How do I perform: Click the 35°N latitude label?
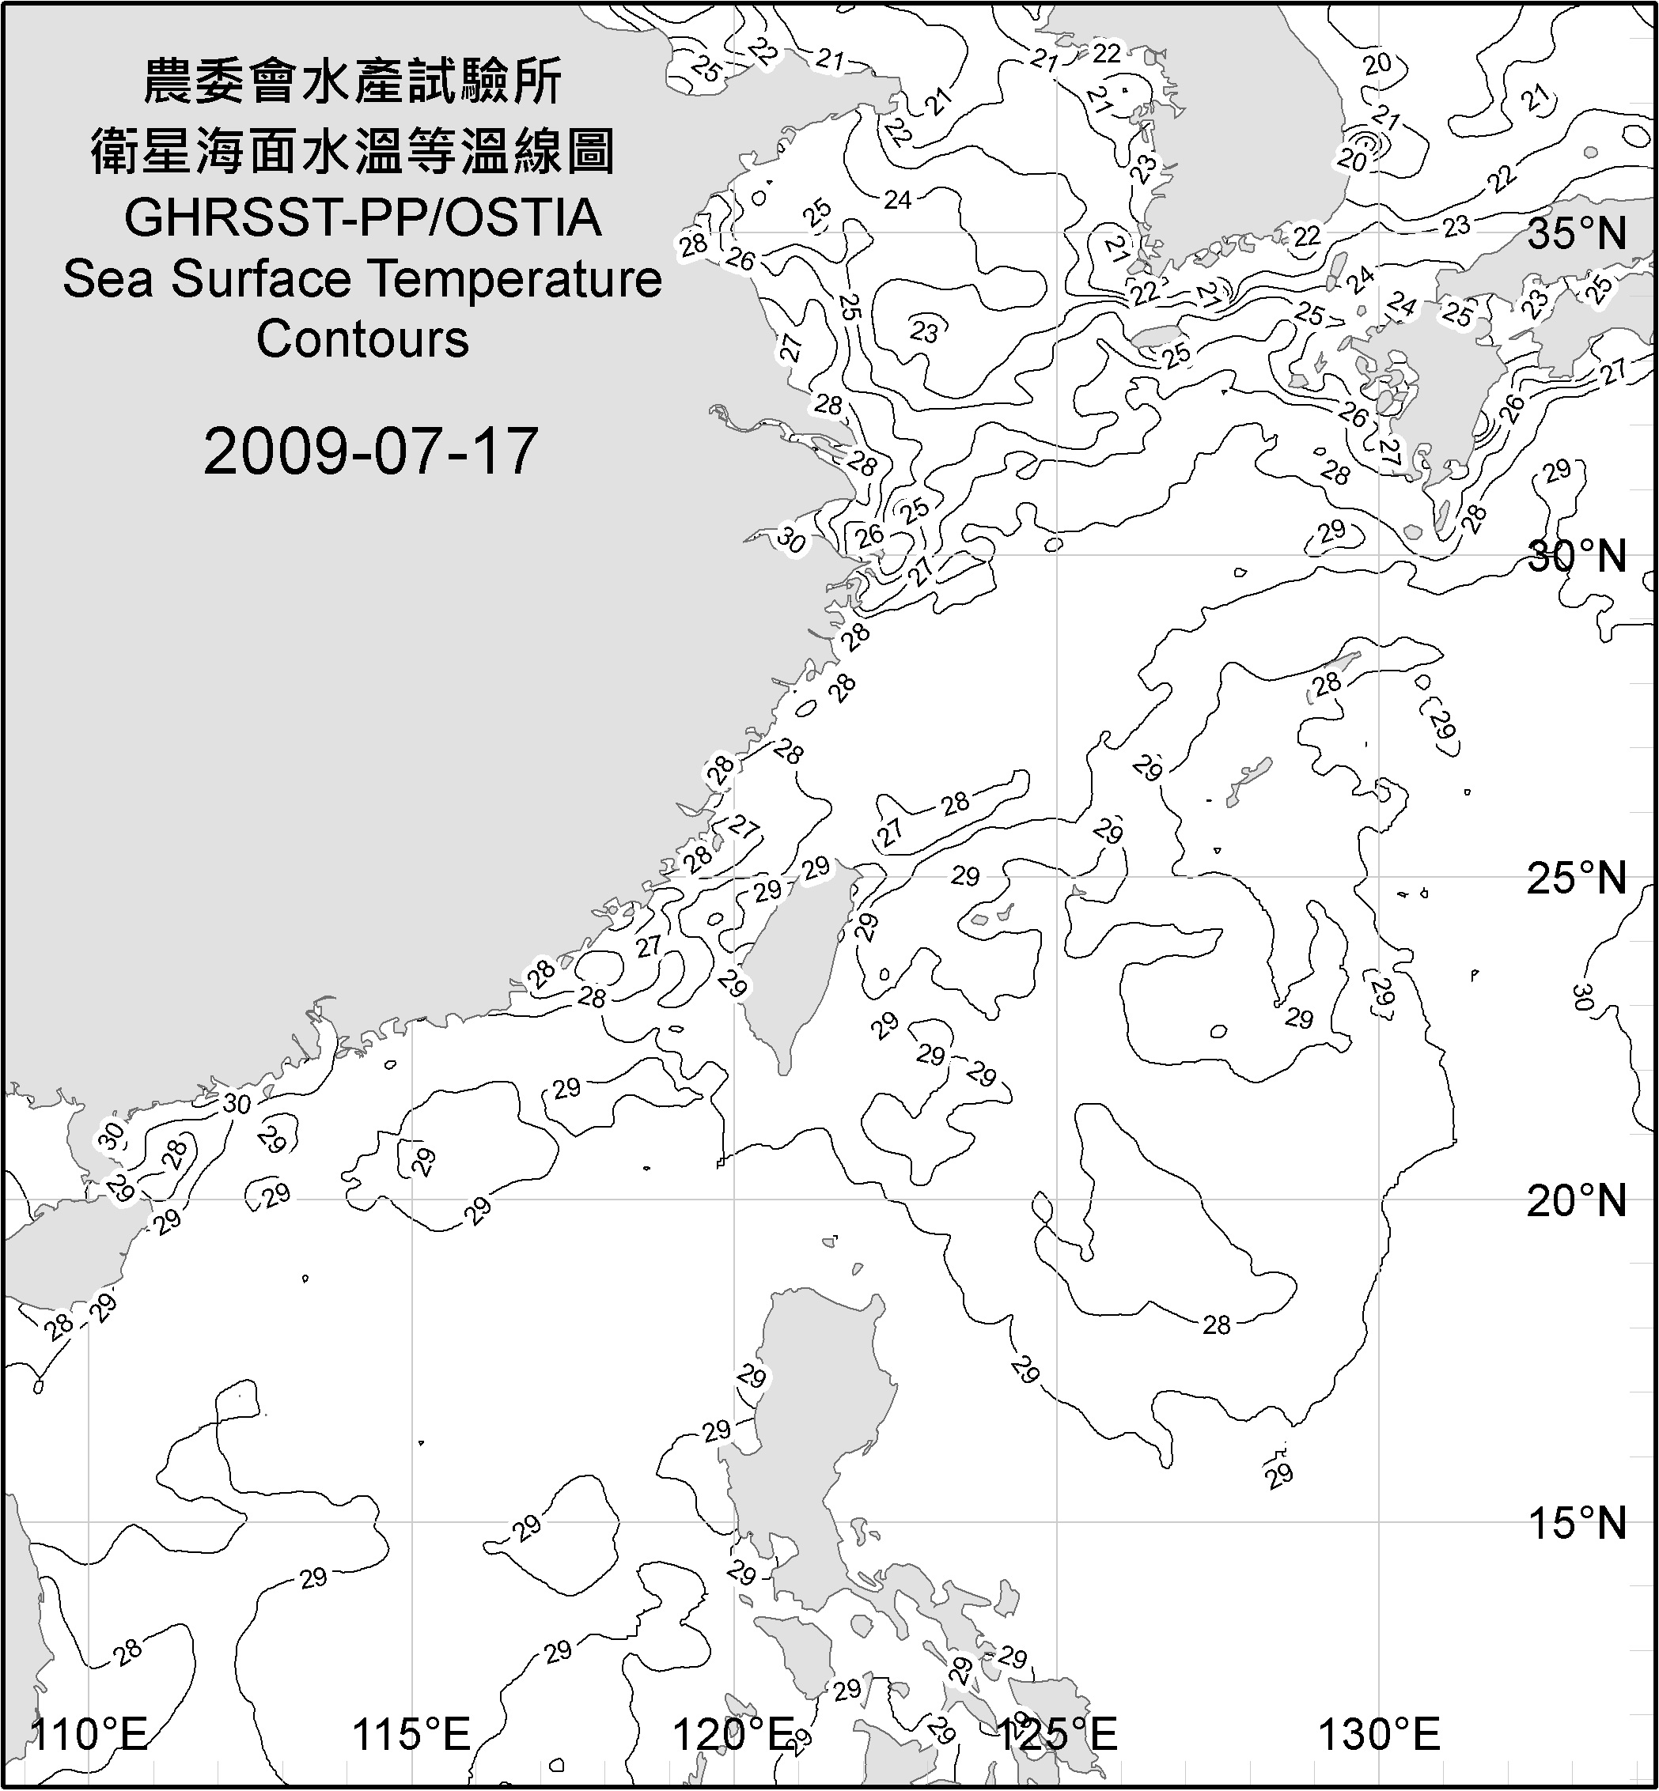click(1577, 235)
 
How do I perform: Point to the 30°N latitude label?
click(1577, 557)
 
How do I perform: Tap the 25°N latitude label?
click(1577, 878)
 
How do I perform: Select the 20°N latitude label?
click(1577, 1201)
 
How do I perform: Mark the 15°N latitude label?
click(1577, 1524)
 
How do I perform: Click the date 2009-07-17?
click(370, 452)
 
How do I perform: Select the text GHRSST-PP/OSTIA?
click(362, 218)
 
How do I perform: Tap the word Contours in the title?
click(362, 339)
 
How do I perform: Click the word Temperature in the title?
click(515, 279)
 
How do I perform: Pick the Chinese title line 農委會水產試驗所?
click(353, 82)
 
